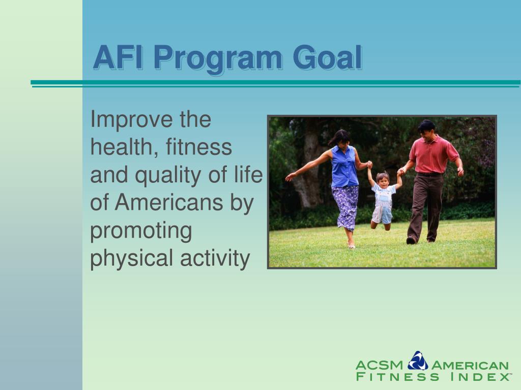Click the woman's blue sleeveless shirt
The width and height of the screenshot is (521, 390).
coord(344,167)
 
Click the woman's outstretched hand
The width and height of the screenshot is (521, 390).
coord(290,177)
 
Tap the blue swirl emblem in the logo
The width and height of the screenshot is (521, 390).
coord(418,361)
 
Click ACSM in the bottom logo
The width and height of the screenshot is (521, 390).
coord(379,365)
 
